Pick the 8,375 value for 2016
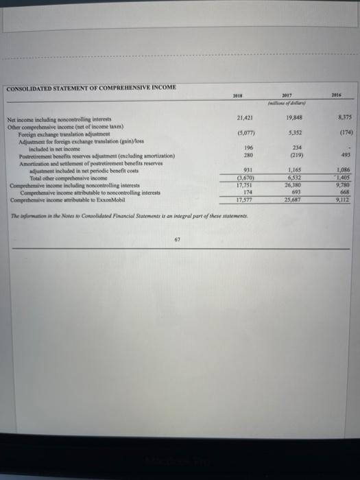pyautogui.click(x=336, y=117)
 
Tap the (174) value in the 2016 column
pyautogui.click(x=336, y=134)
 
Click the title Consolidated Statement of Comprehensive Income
pyautogui.click(x=91, y=87)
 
